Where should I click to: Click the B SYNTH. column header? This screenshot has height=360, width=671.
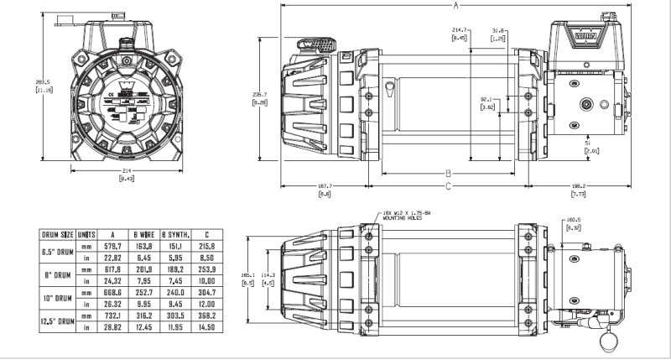175,234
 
